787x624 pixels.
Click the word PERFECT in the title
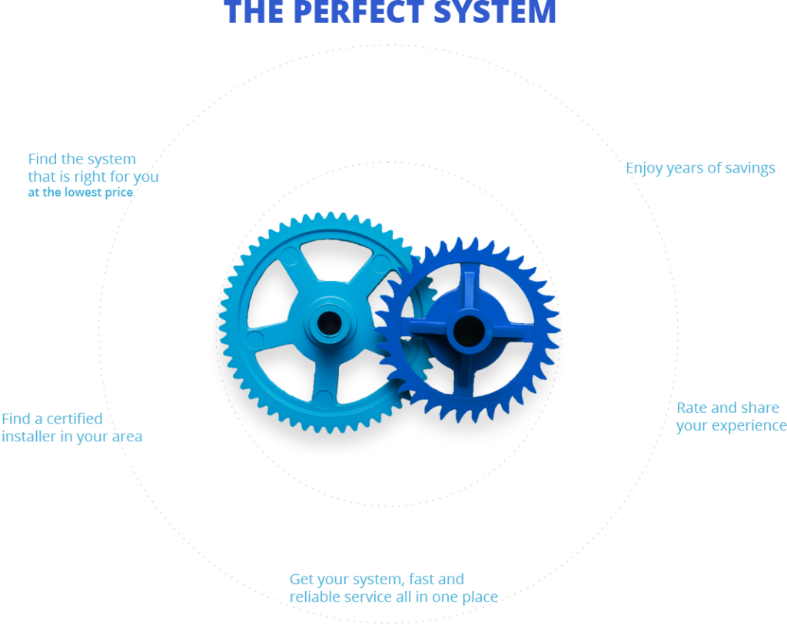[x=360, y=12]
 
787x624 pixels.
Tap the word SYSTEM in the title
[x=495, y=12]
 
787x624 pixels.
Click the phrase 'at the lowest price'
[x=80, y=193]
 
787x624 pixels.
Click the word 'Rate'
[x=692, y=408]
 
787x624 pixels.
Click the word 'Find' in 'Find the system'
[x=42, y=159]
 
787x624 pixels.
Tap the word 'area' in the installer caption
[x=127, y=437]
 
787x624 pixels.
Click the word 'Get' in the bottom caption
[x=301, y=579]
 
